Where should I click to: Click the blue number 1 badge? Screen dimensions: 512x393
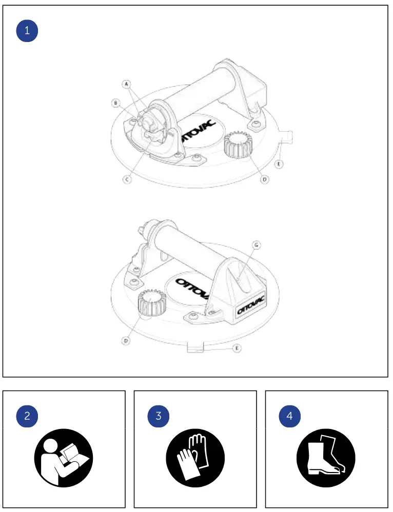click(x=27, y=31)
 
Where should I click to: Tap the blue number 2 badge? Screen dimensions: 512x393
click(x=27, y=416)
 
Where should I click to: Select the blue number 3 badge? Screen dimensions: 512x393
click(x=159, y=416)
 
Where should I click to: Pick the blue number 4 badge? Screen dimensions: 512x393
click(x=289, y=416)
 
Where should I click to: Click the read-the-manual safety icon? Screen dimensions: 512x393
click(x=64, y=458)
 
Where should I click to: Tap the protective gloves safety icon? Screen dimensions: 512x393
click(x=195, y=458)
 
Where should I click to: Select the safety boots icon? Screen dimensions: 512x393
click(x=326, y=458)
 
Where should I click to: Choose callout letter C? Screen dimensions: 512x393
click(x=127, y=179)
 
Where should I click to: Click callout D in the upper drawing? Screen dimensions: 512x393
click(x=264, y=180)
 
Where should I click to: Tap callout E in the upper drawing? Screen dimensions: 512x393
click(x=279, y=165)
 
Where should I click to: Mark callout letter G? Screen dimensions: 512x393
click(x=257, y=245)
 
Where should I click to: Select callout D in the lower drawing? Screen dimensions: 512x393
click(x=126, y=340)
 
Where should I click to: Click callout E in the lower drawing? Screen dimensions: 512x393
click(x=237, y=349)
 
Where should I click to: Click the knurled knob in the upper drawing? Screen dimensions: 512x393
click(x=239, y=145)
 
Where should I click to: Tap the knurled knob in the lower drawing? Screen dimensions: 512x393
click(x=152, y=304)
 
